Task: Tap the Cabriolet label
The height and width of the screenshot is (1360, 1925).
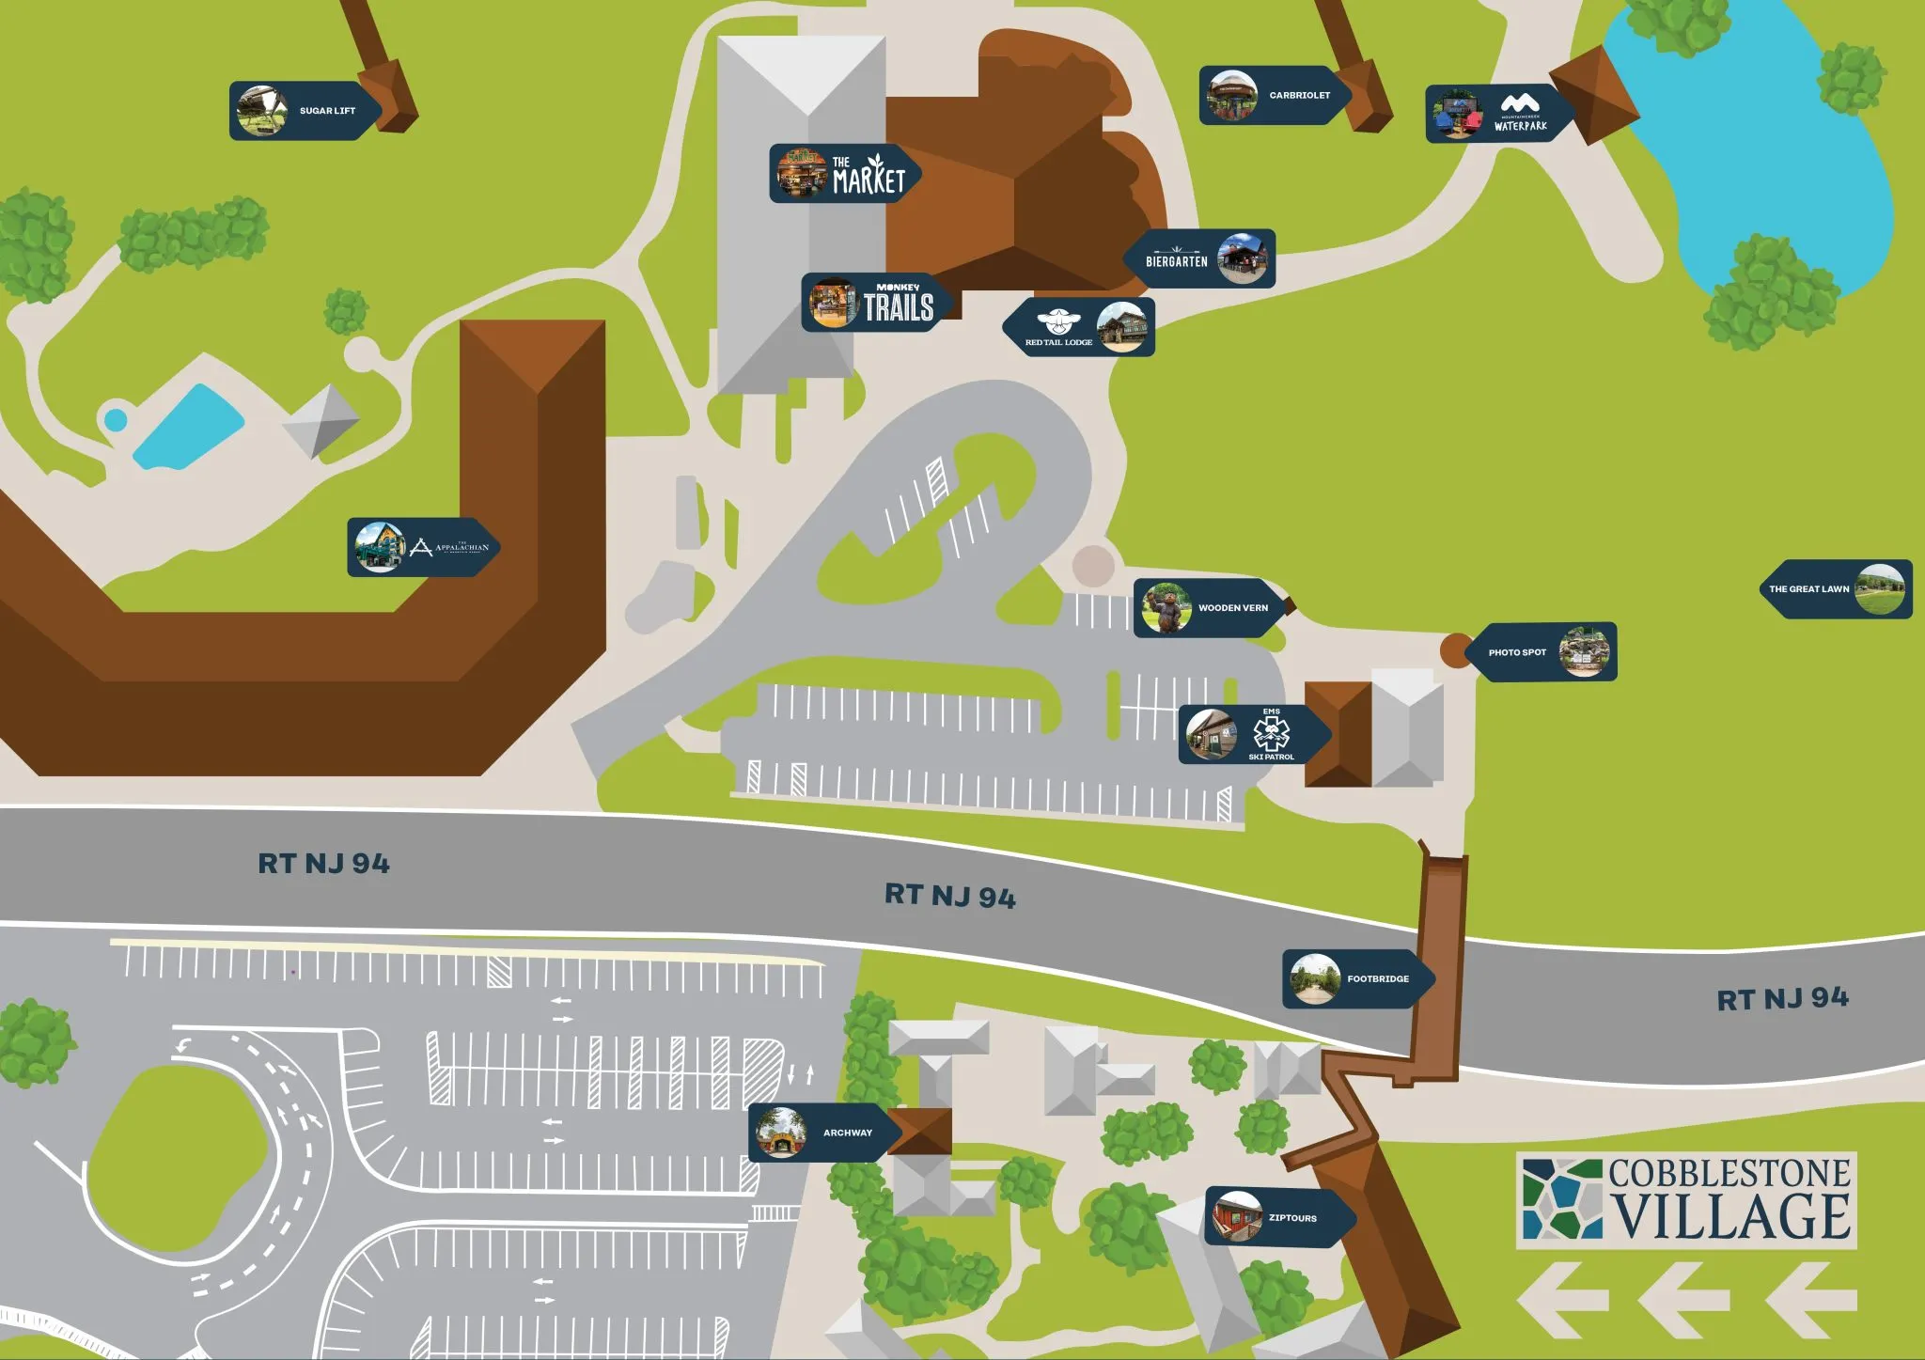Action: (x=1275, y=95)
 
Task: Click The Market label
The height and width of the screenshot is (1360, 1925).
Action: (x=843, y=174)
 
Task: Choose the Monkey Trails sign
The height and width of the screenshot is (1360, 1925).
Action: (x=876, y=303)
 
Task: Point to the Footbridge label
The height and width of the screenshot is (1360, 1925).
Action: (x=1356, y=979)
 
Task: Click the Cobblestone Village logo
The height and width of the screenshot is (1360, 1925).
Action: (x=1686, y=1200)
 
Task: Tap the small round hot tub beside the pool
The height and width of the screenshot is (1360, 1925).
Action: (x=115, y=419)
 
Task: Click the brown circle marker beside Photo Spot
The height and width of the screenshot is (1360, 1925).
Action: (x=1455, y=650)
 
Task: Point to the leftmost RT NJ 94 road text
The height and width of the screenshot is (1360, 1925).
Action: (x=323, y=864)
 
